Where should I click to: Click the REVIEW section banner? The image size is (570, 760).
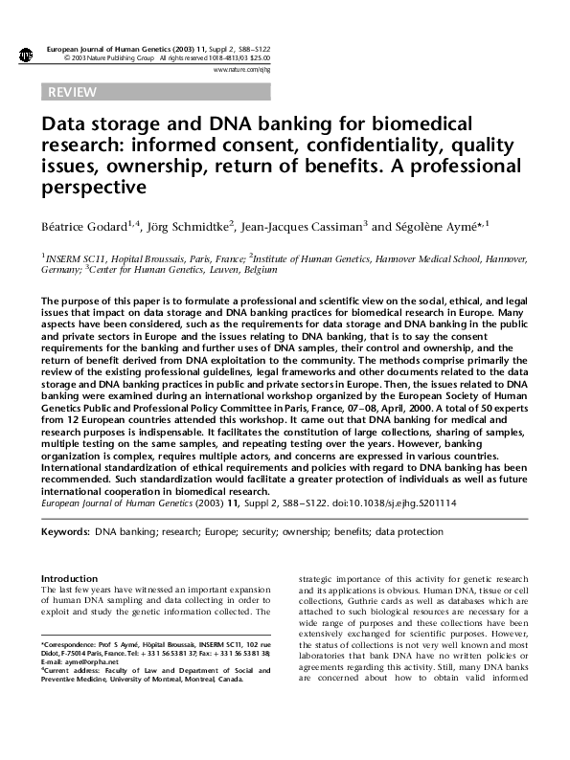[71, 93]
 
